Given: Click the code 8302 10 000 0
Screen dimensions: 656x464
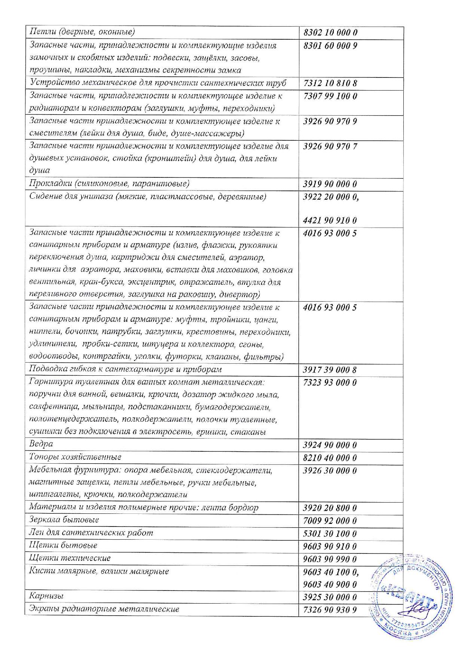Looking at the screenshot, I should click(x=330, y=33).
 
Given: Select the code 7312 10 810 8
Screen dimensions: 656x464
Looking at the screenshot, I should click(x=330, y=83).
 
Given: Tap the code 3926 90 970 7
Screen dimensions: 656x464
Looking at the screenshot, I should click(x=330, y=146).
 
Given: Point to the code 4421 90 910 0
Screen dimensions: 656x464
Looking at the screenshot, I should click(x=330, y=220).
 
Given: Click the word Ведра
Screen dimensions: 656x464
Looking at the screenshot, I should click(x=41, y=444).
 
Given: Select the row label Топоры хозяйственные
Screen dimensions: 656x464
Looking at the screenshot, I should click(x=75, y=457).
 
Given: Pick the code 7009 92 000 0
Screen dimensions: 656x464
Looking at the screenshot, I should click(x=330, y=521).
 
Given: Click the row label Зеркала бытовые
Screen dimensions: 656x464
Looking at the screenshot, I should click(x=64, y=520).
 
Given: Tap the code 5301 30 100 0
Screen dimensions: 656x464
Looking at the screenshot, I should click(x=330, y=534).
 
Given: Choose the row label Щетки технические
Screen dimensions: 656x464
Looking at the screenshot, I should click(x=70, y=558).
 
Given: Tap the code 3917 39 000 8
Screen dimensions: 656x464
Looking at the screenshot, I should click(x=330, y=370).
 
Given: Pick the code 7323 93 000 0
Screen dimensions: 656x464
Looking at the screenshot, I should click(x=330, y=383).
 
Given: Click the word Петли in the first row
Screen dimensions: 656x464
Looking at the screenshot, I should click(x=40, y=32).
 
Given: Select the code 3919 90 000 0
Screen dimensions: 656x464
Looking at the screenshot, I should click(x=330, y=184).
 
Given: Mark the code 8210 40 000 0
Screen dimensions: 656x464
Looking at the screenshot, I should click(x=330, y=458).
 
